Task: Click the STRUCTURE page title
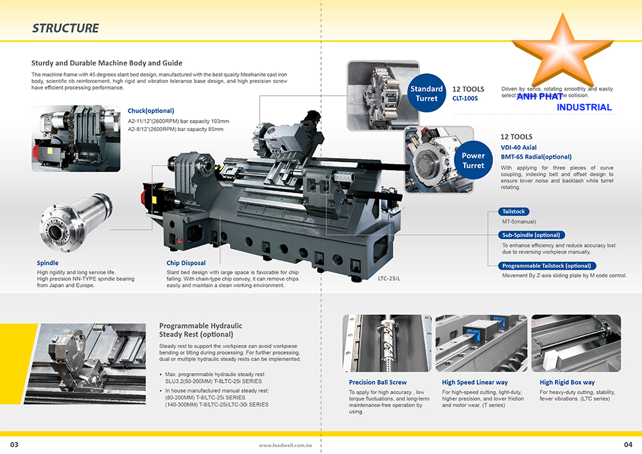click(65, 28)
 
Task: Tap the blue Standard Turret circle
click(426, 94)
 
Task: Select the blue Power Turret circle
click(473, 161)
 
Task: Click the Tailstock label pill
click(514, 212)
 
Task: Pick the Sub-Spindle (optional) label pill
click(531, 235)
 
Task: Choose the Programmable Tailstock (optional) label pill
click(546, 266)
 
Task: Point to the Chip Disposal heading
click(186, 263)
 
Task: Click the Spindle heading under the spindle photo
click(48, 263)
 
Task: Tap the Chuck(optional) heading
click(151, 111)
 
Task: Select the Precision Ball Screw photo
click(387, 344)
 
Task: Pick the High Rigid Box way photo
click(576, 344)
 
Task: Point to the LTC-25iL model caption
click(389, 279)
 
